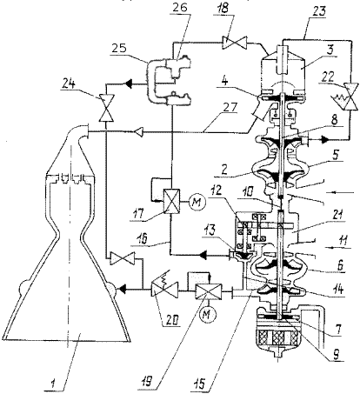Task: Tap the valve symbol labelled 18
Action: tap(234, 43)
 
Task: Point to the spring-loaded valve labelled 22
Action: tap(351, 97)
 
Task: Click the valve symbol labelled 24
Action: tap(106, 108)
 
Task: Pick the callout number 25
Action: tap(120, 48)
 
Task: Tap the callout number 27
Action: tap(230, 109)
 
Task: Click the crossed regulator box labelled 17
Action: tap(171, 201)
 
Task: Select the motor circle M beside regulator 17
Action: tap(197, 202)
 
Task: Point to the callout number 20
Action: tap(172, 320)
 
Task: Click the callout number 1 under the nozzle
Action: tap(53, 384)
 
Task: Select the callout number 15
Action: tap(199, 383)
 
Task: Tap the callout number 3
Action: tap(329, 50)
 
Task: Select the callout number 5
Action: tap(334, 155)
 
